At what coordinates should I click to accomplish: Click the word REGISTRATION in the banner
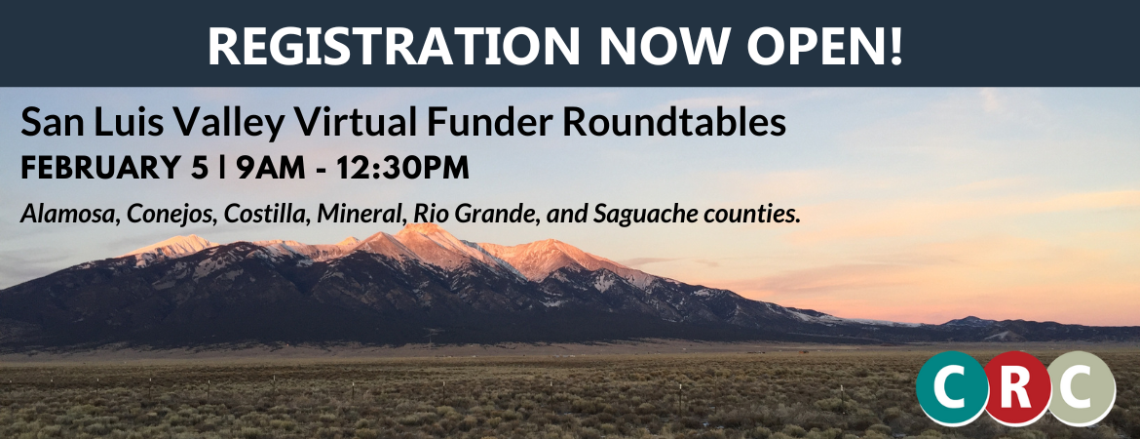coord(394,44)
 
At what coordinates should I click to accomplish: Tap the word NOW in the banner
coord(665,44)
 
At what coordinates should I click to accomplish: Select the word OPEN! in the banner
coord(826,44)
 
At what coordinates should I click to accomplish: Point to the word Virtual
coord(356,122)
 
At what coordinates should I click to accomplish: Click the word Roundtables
coord(674,122)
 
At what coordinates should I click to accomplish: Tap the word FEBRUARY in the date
coord(101,168)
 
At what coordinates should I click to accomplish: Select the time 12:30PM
coord(402,168)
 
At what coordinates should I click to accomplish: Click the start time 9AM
coord(271,168)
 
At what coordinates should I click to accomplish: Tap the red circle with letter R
coord(1016,388)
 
